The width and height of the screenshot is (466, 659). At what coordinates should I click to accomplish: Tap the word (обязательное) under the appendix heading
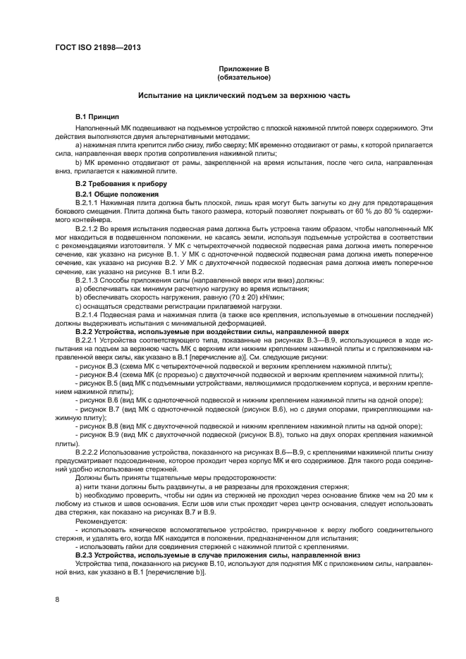(243, 78)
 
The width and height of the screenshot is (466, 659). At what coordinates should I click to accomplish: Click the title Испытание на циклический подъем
(243, 94)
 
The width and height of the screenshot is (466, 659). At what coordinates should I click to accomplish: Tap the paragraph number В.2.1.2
(88, 230)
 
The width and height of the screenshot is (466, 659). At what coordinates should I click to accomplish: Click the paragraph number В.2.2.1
(88, 339)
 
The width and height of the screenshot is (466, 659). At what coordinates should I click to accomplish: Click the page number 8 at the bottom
(57, 600)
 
